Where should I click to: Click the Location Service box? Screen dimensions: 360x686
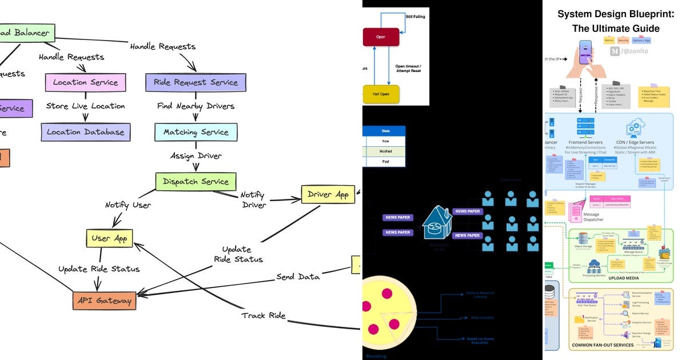pyautogui.click(x=85, y=82)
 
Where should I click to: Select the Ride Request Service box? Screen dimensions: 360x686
pyautogui.click(x=196, y=82)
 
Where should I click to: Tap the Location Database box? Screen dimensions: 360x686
pyautogui.click(x=85, y=132)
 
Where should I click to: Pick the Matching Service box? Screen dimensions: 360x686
pyautogui.click(x=196, y=132)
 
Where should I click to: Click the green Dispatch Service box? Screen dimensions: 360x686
pyautogui.click(x=196, y=182)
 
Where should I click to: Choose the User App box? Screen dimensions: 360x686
pyautogui.click(x=109, y=238)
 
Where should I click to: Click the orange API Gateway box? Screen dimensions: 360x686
pyautogui.click(x=105, y=301)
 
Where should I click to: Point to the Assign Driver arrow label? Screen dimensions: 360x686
pyautogui.click(x=196, y=155)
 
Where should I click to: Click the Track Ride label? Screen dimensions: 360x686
pyautogui.click(x=263, y=315)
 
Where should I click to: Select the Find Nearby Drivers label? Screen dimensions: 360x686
pyautogui.click(x=196, y=106)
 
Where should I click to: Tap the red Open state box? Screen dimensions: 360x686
pyautogui.click(x=381, y=37)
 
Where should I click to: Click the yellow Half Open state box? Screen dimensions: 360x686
pyautogui.click(x=381, y=94)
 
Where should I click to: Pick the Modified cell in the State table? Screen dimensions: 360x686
pyautogui.click(x=385, y=151)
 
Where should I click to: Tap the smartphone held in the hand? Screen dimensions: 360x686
pyautogui.click(x=585, y=52)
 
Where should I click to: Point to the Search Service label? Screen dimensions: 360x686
pyautogui.click(x=640, y=313)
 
